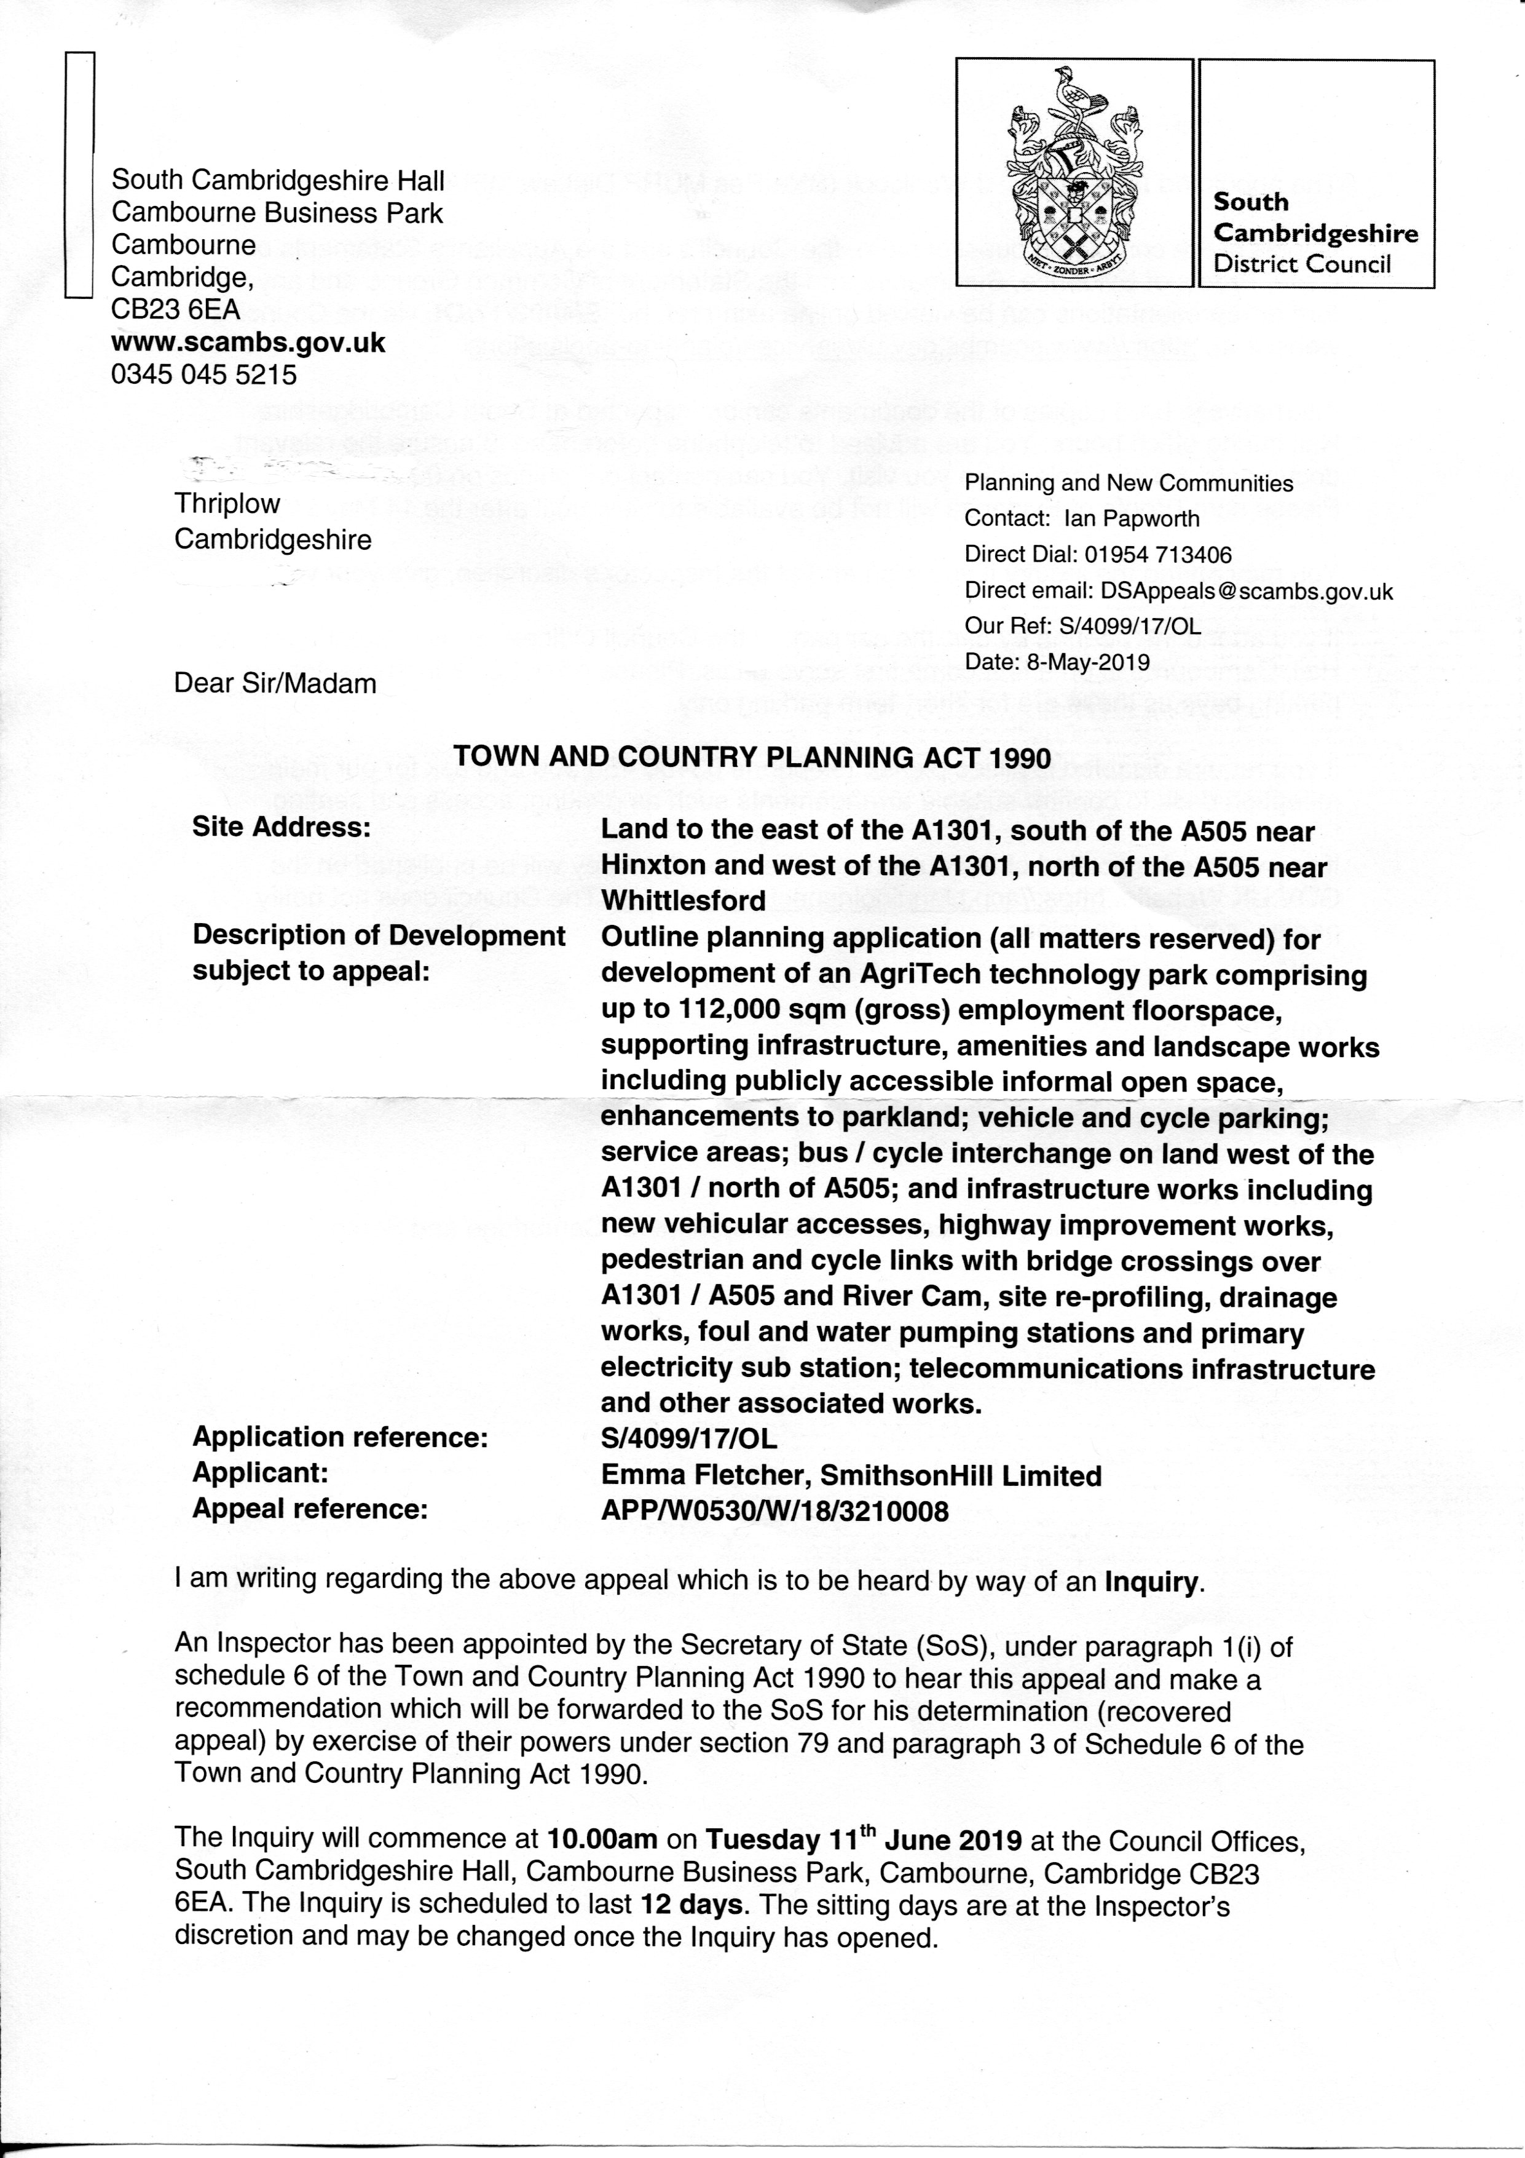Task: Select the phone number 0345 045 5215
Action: pos(204,375)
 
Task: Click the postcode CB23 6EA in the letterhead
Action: pos(176,309)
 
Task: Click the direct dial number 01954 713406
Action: pos(1157,555)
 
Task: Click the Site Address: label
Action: pos(281,827)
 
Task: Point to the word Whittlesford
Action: pos(683,900)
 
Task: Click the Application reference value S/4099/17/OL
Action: pos(689,1438)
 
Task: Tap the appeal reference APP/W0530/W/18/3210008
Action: pos(774,1512)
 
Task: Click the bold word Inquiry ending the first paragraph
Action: pos(1151,1583)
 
